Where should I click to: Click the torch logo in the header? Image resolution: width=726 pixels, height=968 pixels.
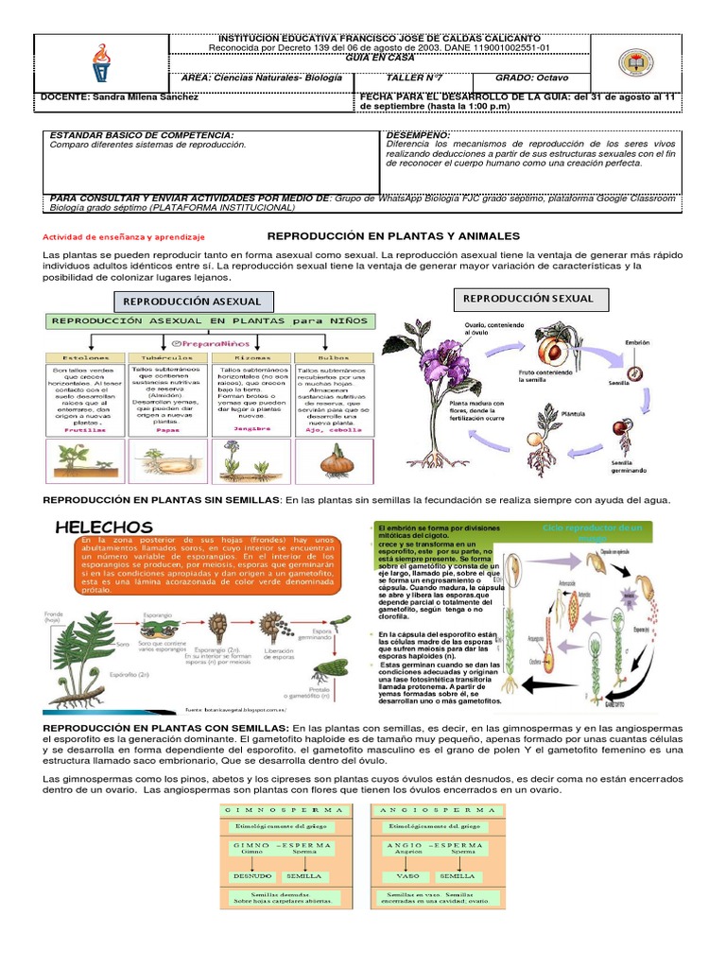point(100,62)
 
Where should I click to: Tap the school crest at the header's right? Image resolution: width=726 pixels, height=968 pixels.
point(634,62)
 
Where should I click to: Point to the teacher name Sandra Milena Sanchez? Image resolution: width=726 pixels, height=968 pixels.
point(119,96)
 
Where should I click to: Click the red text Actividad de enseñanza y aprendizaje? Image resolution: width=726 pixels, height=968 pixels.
point(124,237)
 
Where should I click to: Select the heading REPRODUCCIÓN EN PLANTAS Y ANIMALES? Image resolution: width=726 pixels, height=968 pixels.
point(394,235)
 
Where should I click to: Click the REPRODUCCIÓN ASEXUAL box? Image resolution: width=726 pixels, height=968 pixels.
point(193,302)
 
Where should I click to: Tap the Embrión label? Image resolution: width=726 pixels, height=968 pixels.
point(637,342)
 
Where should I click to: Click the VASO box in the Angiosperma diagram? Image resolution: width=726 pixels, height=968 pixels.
point(407,875)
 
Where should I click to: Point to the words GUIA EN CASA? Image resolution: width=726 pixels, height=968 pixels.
point(378,58)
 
